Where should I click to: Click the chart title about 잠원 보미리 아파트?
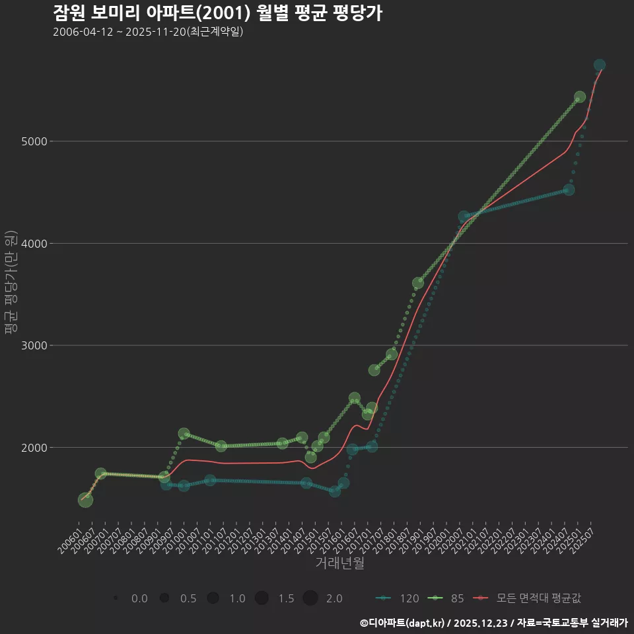(217, 13)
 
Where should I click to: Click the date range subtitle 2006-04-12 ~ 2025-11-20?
(148, 32)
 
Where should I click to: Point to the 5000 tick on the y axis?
(33, 141)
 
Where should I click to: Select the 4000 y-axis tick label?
(33, 244)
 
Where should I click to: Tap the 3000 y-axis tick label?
(33, 345)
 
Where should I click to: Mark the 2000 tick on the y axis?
(33, 448)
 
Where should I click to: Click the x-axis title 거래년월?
(339, 563)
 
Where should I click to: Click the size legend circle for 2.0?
(310, 598)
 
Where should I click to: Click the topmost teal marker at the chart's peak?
(600, 65)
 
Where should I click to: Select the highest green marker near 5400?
(580, 97)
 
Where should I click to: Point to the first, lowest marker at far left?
(86, 500)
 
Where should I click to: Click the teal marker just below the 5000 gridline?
(569, 190)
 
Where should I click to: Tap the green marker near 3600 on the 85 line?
(418, 283)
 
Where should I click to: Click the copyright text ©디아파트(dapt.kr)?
(403, 623)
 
